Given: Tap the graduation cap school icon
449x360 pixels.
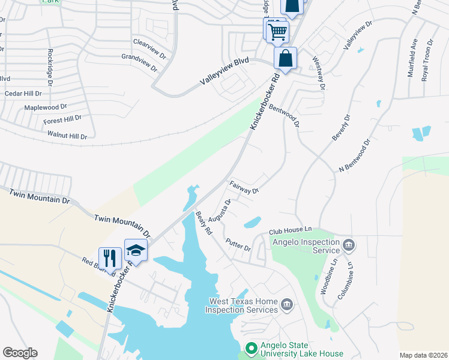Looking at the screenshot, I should coord(136,250).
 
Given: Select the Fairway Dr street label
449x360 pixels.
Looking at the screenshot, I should coord(244,187).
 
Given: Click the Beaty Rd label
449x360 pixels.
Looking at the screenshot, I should coord(205,222).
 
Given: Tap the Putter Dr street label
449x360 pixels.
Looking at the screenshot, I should coord(238,245).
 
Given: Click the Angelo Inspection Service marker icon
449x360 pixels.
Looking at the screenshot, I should coord(348,245).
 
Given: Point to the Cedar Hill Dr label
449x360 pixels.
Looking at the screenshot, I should coord(23,94).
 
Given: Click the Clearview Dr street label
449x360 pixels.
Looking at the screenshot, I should coord(149,47).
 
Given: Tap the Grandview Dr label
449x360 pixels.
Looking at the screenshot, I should coord(139,61).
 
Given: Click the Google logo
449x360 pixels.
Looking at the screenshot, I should coord(20,353).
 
